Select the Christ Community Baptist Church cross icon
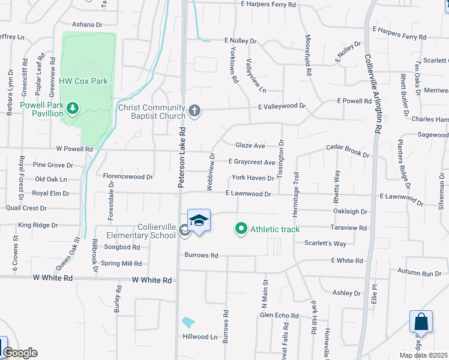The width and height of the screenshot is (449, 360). coord(194,111)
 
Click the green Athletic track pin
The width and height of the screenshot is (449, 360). coord(241,228)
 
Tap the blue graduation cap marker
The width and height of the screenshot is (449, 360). coord(199,221)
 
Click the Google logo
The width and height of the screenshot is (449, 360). coord(20,353)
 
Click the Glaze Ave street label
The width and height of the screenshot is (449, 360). coord(250,146)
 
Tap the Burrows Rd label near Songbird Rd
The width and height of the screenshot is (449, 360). coord(201,255)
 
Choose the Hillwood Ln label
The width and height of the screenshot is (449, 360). coord(200,337)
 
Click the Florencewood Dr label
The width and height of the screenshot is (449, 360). coord(128,177)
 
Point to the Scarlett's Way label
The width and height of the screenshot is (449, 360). coord(325,243)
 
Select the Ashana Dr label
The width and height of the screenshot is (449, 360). coord(88,25)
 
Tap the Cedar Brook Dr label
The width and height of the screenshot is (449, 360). coord(348,150)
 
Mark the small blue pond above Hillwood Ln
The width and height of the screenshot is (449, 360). coord(188,322)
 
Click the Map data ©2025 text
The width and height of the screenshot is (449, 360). coord(423,355)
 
